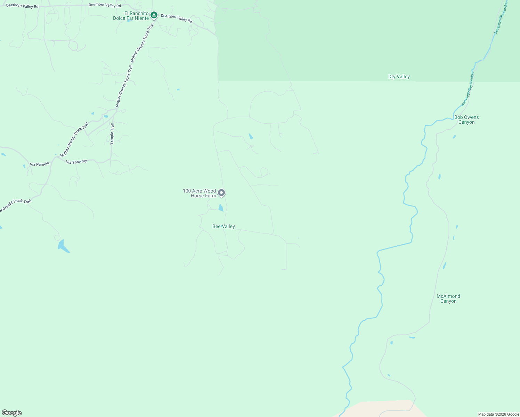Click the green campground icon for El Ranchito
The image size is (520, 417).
[154, 15]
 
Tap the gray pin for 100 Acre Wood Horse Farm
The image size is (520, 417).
[221, 193]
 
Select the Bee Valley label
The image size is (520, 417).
[224, 226]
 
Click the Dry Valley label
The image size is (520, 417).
[399, 76]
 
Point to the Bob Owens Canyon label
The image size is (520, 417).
[466, 120]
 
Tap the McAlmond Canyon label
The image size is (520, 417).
[448, 299]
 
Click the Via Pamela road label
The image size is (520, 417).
[40, 164]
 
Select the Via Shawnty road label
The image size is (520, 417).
[76, 162]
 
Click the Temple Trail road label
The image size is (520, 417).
[112, 134]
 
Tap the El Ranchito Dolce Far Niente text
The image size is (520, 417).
[131, 16]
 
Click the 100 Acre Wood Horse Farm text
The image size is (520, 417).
[200, 193]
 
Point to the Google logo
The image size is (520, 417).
[12, 413]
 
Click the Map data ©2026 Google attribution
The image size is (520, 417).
[498, 414]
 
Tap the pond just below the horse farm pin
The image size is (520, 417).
[220, 208]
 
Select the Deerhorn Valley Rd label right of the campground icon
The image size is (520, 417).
[176, 18]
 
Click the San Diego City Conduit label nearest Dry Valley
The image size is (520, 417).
[468, 89]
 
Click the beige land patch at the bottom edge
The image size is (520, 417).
[382, 408]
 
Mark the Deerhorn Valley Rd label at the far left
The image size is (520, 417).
[22, 6]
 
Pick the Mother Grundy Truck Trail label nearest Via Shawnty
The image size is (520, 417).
[74, 140]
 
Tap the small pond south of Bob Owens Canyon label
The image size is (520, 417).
[454, 137]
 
